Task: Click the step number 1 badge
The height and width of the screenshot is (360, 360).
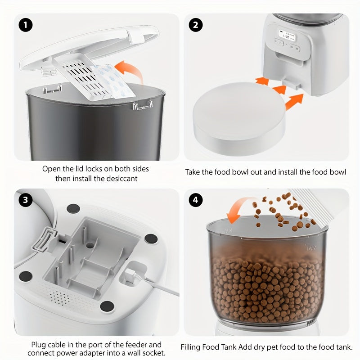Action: [26, 25]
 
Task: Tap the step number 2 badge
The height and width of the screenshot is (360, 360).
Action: [195, 25]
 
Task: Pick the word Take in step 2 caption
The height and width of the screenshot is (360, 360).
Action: [193, 172]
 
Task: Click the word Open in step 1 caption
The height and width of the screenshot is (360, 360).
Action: [51, 169]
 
